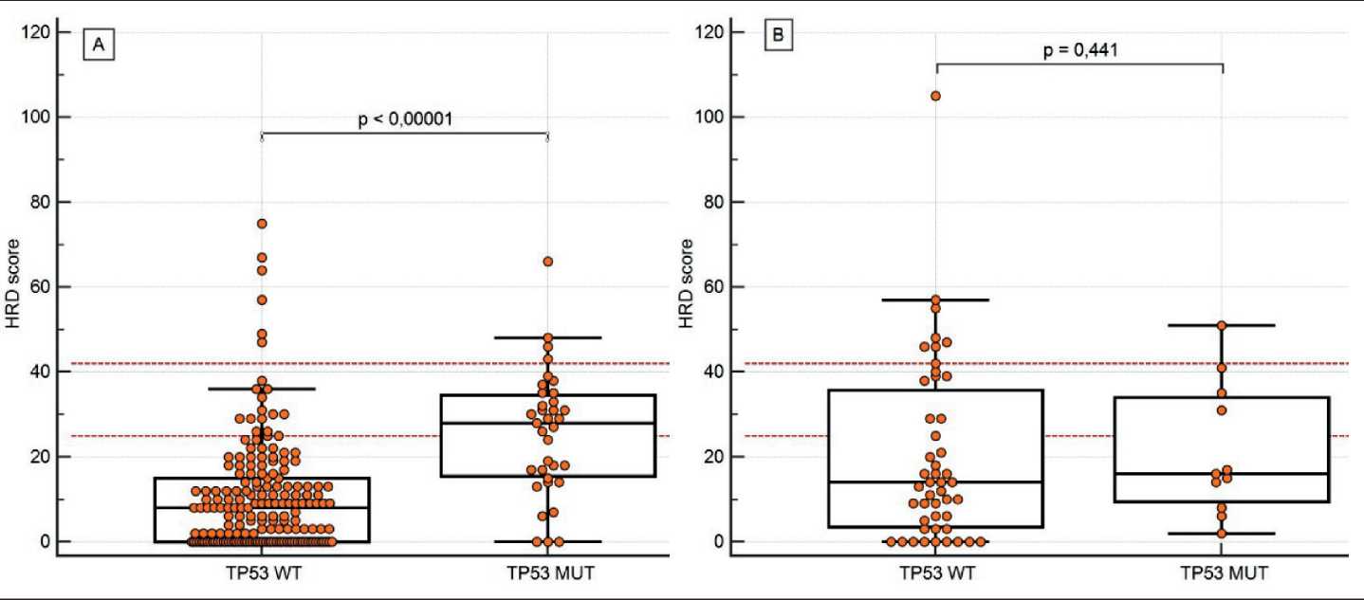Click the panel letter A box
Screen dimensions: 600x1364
point(99,45)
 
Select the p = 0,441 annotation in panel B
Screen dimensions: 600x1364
point(1079,50)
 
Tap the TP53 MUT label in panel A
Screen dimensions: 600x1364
point(547,573)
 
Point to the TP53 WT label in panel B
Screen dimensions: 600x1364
point(936,573)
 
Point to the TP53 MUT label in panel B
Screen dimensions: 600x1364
point(1223,573)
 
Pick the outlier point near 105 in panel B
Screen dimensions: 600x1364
point(936,96)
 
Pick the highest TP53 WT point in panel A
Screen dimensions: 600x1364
point(262,224)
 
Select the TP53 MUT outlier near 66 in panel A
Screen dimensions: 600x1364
point(548,262)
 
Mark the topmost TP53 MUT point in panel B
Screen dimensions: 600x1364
point(1222,326)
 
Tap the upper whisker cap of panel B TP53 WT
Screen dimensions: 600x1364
point(936,300)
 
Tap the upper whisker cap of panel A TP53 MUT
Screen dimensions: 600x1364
point(548,337)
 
